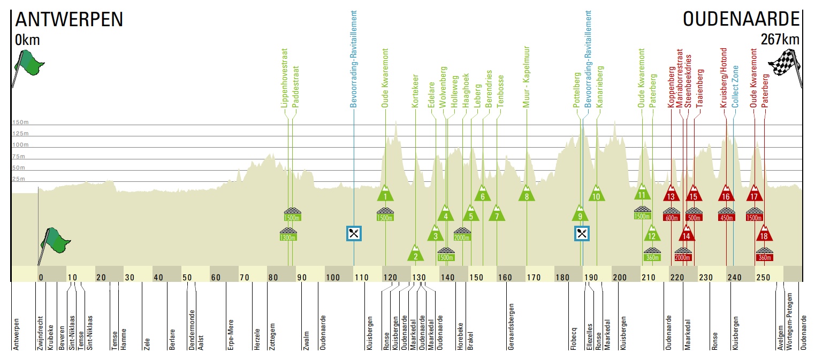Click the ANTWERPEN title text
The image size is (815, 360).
69,19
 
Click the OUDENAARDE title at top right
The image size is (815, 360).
741,19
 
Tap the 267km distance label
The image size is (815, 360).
780,39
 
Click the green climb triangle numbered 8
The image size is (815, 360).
527,194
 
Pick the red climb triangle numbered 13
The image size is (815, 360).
671,194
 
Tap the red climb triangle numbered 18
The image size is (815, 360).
764,233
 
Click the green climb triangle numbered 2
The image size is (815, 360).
415,253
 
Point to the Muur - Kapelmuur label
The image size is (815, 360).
526,76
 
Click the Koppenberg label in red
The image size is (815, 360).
671,87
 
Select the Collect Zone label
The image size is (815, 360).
735,87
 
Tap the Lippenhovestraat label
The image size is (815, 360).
284,78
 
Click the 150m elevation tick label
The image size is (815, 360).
20,122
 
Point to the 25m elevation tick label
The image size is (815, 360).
19,179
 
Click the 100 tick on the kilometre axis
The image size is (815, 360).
332,278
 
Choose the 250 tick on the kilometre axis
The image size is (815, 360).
763,278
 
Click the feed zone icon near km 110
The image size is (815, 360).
354,233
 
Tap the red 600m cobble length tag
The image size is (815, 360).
671,218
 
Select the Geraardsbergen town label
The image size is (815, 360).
511,326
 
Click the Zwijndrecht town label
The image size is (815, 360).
40,333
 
